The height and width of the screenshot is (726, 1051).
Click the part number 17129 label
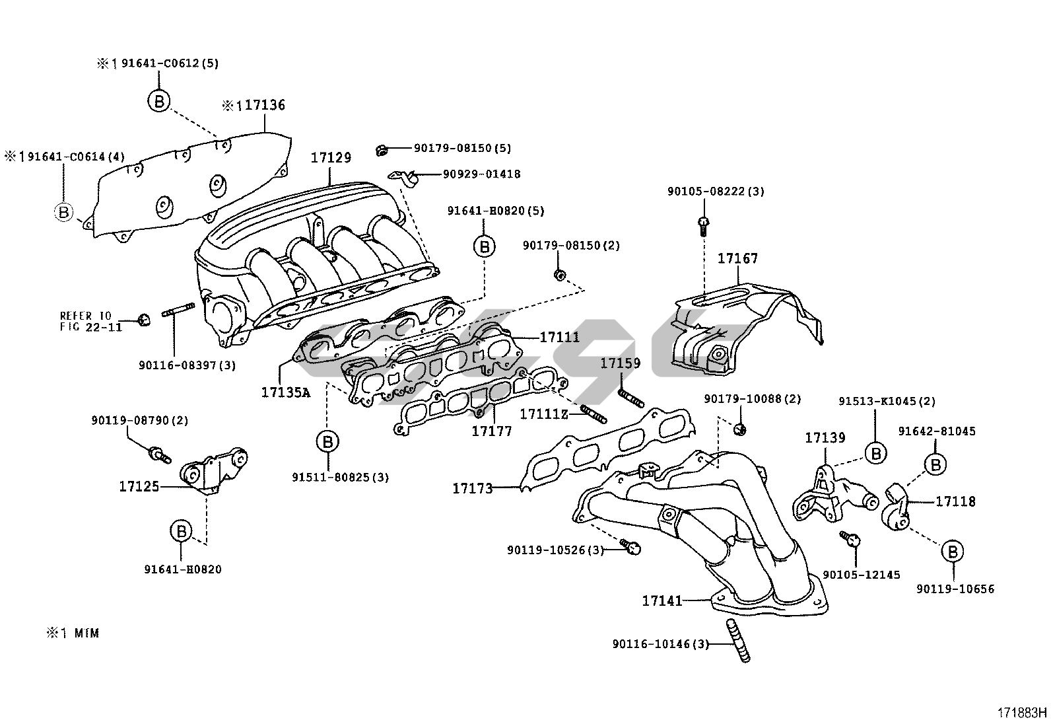(x=331, y=158)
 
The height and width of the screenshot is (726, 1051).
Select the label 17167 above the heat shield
(x=737, y=258)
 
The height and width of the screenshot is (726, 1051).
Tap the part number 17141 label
(x=661, y=600)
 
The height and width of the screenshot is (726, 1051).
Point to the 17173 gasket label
(x=472, y=489)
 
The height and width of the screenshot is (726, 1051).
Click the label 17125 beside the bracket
(x=139, y=487)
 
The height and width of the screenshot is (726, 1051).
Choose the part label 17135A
(x=285, y=392)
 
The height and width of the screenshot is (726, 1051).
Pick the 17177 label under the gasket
(x=491, y=431)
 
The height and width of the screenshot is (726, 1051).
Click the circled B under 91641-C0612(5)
(x=158, y=101)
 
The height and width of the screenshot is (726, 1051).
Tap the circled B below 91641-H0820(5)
(x=484, y=246)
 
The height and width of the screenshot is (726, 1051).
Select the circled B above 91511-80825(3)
(x=327, y=441)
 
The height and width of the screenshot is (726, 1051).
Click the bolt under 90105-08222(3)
(x=703, y=225)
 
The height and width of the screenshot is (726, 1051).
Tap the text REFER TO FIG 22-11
(x=90, y=321)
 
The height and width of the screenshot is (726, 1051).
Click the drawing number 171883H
(x=1021, y=713)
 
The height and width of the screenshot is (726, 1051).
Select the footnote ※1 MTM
(x=73, y=633)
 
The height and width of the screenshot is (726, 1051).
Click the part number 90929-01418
(x=481, y=174)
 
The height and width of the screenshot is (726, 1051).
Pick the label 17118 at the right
(x=955, y=501)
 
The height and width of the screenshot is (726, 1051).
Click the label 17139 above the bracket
(x=825, y=437)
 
